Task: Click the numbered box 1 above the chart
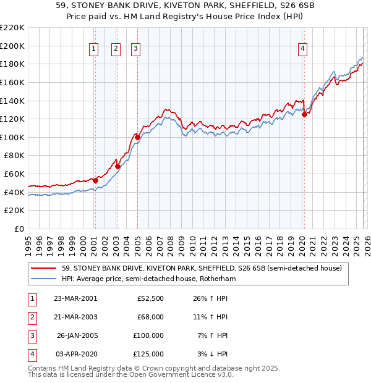coord(94,50)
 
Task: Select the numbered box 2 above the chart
coord(116,50)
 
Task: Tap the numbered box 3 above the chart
coord(136,50)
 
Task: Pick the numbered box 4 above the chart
coord(303,50)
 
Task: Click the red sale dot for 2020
coord(304,114)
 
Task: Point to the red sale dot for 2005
coord(137,137)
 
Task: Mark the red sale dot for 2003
coord(117,166)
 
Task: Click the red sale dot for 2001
coord(95,180)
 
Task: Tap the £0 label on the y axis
coord(19,229)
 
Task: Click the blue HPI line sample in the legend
coord(45,279)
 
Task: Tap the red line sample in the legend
coord(45,268)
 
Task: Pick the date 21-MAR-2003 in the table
coord(75,317)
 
